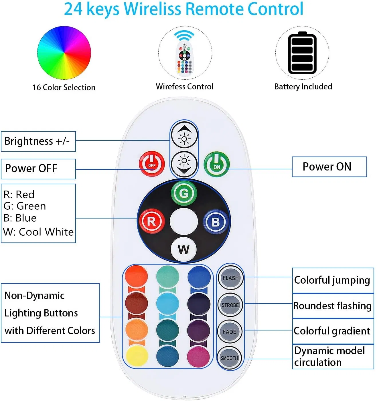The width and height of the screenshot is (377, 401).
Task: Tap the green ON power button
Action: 217,164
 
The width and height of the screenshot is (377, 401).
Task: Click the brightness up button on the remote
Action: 184,135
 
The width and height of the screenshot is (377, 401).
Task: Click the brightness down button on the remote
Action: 184,164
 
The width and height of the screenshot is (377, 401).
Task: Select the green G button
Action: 184,193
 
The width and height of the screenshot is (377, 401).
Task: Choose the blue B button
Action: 216,222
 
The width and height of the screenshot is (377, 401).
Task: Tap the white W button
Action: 183,249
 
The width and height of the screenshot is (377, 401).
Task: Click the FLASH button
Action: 230,278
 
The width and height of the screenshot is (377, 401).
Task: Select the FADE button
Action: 230,332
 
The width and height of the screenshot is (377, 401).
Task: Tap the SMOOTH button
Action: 229,358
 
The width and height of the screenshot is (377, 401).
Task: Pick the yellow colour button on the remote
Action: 137,356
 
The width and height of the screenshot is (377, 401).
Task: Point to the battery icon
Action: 302,53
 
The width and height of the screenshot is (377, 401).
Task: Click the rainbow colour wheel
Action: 64,53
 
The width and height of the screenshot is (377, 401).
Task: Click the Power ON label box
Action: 329,167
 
